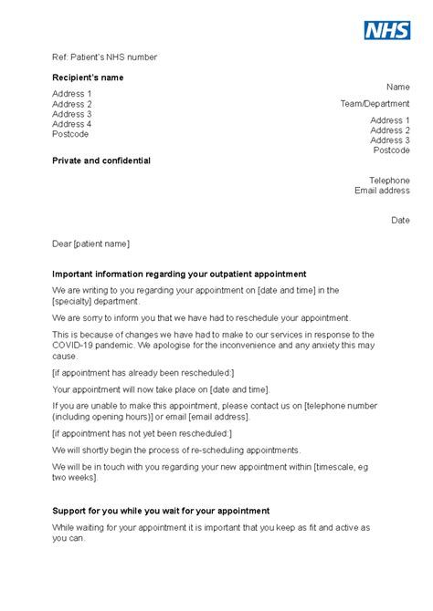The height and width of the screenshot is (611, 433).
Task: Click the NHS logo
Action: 387,30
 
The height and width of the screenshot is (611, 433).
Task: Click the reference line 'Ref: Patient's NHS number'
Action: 104,57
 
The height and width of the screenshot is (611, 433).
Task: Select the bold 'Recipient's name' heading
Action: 88,78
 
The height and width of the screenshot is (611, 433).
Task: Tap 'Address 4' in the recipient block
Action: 72,124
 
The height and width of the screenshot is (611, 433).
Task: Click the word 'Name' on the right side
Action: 398,87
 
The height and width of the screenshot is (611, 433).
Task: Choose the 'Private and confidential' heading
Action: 101,161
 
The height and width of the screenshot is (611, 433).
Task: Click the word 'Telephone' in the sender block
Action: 389,181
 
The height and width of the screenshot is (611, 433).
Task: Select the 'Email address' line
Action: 382,191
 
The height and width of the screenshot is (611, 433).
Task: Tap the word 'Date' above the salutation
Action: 400,220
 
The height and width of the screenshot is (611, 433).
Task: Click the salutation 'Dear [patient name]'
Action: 91,243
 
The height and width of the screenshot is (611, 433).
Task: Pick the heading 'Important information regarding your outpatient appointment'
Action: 179,274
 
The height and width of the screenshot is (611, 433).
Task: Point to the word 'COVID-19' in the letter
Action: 76,347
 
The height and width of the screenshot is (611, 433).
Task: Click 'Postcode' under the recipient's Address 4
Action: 70,134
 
